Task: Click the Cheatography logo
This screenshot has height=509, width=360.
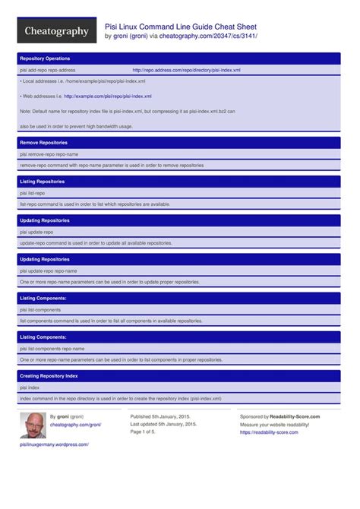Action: pyautogui.click(x=57, y=31)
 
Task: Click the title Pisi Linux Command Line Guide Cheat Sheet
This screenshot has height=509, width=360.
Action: pyautogui.click(x=181, y=26)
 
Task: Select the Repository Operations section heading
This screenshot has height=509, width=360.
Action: pyautogui.click(x=45, y=58)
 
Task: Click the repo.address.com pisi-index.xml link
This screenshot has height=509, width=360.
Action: pyautogui.click(x=186, y=70)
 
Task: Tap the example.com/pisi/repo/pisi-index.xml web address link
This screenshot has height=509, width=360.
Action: pyautogui.click(x=108, y=96)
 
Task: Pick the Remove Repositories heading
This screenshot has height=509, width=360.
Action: pyautogui.click(x=44, y=142)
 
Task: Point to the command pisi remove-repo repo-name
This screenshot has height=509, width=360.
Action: pyautogui.click(x=49, y=154)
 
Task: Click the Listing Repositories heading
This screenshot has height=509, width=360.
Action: pyautogui.click(x=43, y=182)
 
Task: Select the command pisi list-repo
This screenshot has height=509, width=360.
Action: pyautogui.click(x=33, y=193)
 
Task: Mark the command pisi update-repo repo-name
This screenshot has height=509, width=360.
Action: pyautogui.click(x=49, y=270)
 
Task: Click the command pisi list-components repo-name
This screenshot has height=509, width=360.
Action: pyautogui.click(x=52, y=349)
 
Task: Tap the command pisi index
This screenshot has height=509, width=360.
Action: pyautogui.click(x=30, y=387)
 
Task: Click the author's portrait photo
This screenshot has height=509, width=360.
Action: pyautogui.click(x=33, y=425)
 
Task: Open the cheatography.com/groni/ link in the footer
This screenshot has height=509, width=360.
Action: pyautogui.click(x=75, y=425)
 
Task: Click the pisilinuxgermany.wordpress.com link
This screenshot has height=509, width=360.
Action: pyautogui.click(x=55, y=445)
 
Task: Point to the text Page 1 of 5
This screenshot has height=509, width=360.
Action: pyautogui.click(x=143, y=432)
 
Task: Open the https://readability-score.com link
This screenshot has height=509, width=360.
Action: pyautogui.click(x=269, y=432)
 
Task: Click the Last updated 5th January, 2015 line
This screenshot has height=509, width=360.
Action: pyautogui.click(x=163, y=425)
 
